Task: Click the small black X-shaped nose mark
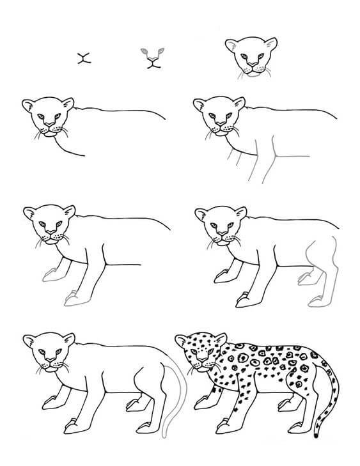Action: point(82,58)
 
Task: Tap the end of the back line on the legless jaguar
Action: point(166,120)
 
